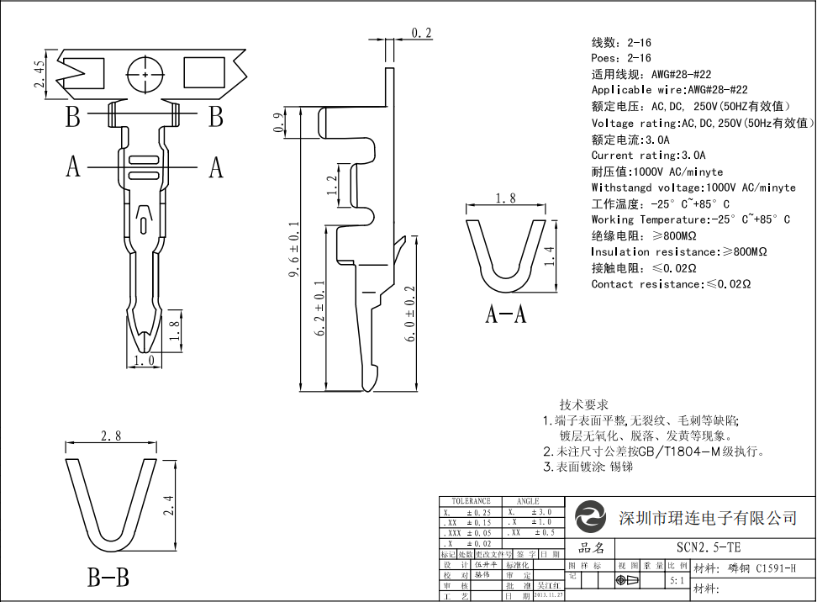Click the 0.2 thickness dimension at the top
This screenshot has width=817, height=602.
[421, 33]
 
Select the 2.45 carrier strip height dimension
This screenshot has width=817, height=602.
[40, 75]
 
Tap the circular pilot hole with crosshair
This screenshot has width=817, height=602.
[146, 75]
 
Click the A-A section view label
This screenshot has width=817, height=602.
[506, 314]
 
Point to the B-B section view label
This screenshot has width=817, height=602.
[108, 578]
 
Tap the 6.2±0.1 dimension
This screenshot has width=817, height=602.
[319, 309]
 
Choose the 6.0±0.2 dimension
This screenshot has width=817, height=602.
[410, 314]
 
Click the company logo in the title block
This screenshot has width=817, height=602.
[591, 516]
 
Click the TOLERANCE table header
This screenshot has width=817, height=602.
[471, 501]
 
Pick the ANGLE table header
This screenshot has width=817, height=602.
[528, 501]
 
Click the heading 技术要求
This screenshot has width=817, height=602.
[584, 404]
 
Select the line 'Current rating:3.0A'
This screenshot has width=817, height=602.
[648, 156]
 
